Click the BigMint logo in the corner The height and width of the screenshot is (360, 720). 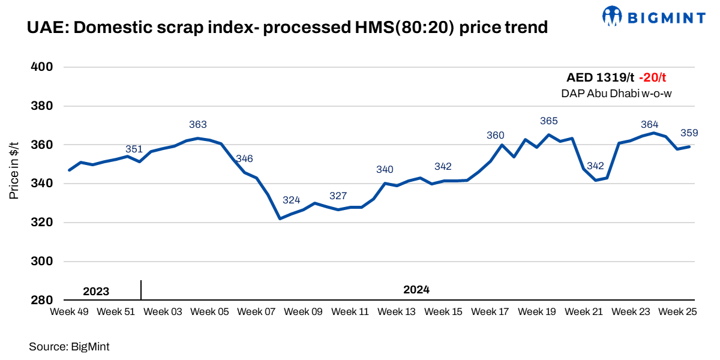(x=653, y=16)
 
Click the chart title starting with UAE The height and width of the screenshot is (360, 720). (x=287, y=28)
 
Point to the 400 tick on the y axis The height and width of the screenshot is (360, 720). (x=43, y=67)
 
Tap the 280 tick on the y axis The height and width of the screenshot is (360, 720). (x=43, y=300)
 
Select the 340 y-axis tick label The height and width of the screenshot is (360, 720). (x=43, y=184)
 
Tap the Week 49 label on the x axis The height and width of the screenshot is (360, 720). (x=70, y=312)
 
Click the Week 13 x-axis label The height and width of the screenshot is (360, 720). (x=397, y=312)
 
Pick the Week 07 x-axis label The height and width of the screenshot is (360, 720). (x=256, y=312)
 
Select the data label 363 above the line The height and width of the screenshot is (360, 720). (x=198, y=125)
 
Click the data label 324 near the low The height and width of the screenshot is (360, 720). (x=292, y=200)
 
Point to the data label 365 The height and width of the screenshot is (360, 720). (x=549, y=121)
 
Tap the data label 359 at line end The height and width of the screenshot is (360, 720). (x=689, y=133)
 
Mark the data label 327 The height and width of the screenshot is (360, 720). (x=338, y=196)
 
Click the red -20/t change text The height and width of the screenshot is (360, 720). (x=652, y=77)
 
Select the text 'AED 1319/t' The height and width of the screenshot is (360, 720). (x=600, y=77)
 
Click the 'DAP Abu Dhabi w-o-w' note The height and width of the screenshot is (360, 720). (x=617, y=93)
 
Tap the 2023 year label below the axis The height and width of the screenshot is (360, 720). (x=96, y=292)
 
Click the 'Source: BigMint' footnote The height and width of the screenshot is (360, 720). (x=69, y=346)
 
